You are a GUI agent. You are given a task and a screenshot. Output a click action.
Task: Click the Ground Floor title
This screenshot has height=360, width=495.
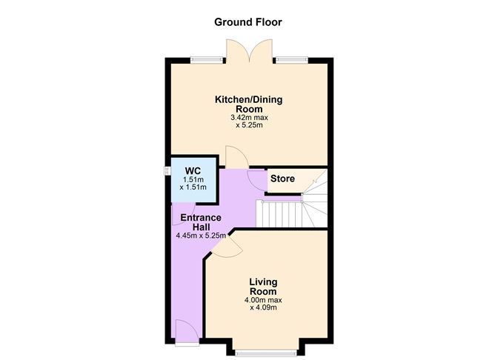(247, 21)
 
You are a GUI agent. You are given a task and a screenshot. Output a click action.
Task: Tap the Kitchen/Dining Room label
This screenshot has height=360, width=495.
(248, 104)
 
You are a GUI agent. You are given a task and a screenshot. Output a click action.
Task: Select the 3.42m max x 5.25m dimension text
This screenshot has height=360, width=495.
(249, 121)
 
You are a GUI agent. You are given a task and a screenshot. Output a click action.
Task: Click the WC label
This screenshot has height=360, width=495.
(193, 170)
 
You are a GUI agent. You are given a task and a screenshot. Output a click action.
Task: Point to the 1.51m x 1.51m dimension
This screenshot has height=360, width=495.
(193, 184)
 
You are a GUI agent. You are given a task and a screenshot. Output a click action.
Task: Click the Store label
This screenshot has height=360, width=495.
(282, 179)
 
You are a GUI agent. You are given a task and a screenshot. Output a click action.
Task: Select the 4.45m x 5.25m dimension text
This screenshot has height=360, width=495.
(200, 236)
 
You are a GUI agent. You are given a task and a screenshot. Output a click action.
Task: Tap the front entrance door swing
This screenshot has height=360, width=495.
(185, 330)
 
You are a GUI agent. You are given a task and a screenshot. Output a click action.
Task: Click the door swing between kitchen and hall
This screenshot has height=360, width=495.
(236, 157)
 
